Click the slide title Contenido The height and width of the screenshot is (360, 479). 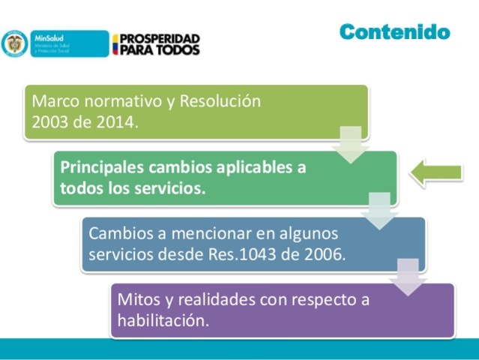click(394, 31)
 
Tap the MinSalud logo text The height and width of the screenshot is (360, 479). click(46, 36)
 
